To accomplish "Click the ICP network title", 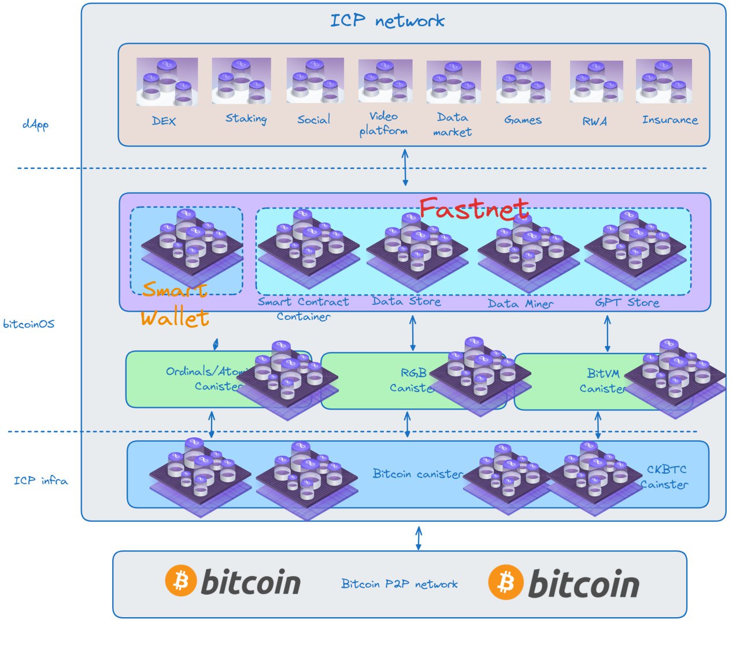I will [x=387, y=21].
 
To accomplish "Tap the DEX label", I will [x=164, y=121].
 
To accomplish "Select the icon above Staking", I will [x=241, y=81].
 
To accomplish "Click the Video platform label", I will [x=383, y=123].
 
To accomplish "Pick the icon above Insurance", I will [x=664, y=81].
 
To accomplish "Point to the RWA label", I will [x=595, y=121].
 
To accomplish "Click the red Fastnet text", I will [x=474, y=208].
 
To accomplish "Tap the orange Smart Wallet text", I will [x=175, y=304].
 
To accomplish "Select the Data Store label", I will [x=406, y=301].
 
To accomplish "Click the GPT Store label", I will [x=627, y=303].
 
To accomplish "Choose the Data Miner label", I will [x=520, y=304].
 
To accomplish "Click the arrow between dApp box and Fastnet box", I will [x=405, y=167].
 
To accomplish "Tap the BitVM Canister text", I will [x=603, y=381].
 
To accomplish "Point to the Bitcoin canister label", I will [x=417, y=474].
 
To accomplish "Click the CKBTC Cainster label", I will [x=665, y=477].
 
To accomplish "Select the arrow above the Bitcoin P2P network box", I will [x=419, y=538].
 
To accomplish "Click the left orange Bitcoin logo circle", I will [x=182, y=580].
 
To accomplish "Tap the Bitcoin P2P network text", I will [x=399, y=584].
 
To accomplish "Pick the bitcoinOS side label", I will [x=29, y=324].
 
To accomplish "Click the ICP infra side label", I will [x=40, y=481].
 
